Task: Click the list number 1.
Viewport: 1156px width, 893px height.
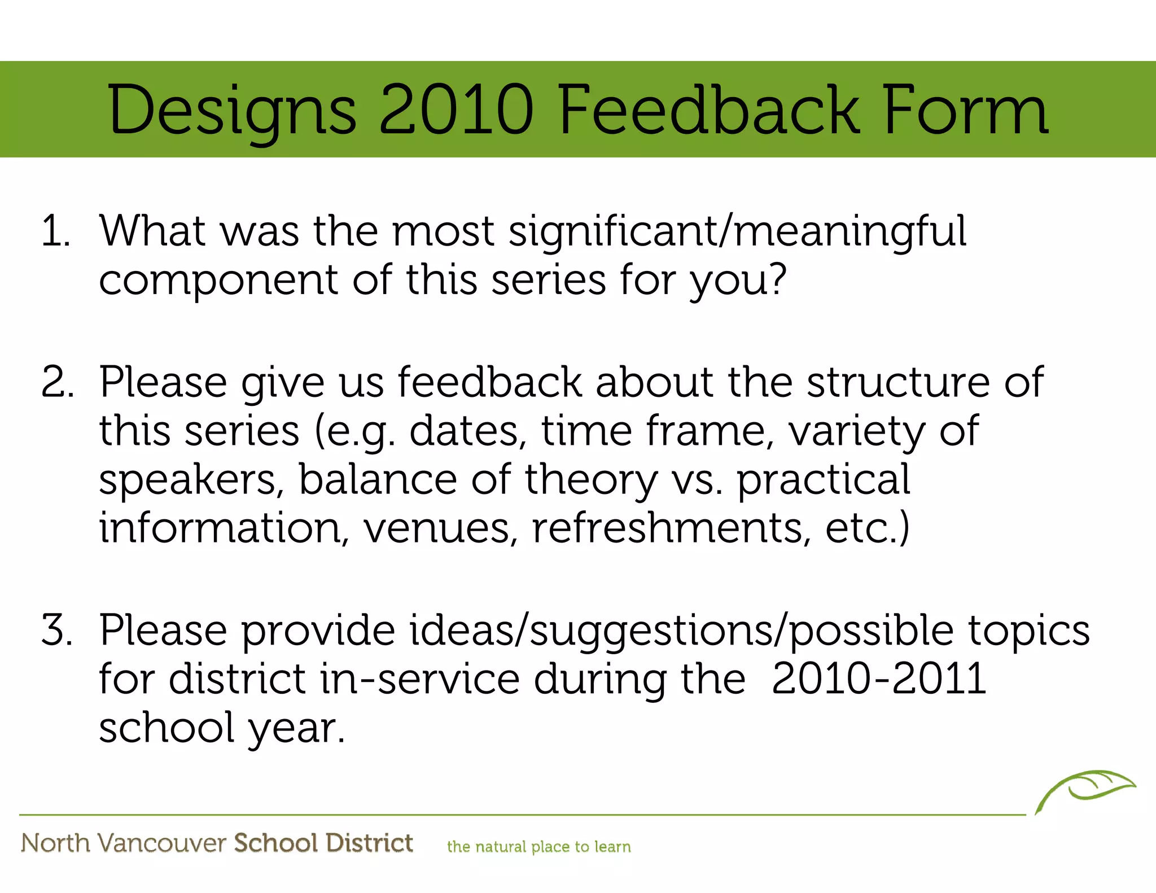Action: click(x=55, y=231)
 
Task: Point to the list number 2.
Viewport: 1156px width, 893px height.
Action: click(x=58, y=383)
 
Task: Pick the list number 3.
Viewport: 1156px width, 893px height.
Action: click(x=58, y=630)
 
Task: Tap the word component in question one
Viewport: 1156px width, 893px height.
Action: click(x=218, y=281)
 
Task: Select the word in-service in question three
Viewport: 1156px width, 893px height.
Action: click(x=419, y=679)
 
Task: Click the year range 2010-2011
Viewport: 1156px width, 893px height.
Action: click(x=878, y=679)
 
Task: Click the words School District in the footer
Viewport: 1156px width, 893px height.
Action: click(x=323, y=843)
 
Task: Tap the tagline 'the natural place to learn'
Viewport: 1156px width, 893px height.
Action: click(x=538, y=847)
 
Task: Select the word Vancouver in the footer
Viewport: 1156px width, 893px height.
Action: click(x=161, y=843)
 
